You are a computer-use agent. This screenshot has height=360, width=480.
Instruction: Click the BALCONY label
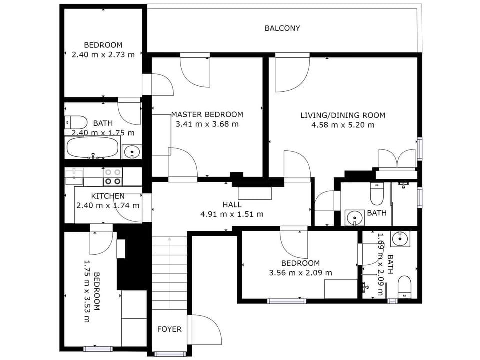click(282, 28)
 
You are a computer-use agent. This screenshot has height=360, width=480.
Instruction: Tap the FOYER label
click(169, 329)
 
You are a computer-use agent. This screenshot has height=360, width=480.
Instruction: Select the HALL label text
click(232, 204)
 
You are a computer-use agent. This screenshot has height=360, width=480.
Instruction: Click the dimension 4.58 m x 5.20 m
click(343, 125)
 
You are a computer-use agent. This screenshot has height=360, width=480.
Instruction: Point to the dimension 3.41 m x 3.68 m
click(207, 124)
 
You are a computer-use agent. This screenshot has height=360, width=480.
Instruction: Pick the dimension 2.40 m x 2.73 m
click(103, 55)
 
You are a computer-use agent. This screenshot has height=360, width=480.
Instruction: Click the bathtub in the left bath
click(92, 147)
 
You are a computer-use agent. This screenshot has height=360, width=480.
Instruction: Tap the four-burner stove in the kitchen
click(112, 177)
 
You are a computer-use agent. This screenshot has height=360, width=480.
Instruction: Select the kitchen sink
click(74, 176)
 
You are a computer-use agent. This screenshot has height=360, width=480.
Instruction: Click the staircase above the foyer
click(169, 273)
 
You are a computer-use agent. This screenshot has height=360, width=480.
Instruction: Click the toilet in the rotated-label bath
click(405, 287)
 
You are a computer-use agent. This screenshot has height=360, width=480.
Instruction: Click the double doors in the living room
click(397, 158)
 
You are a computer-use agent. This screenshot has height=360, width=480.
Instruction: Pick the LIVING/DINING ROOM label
click(343, 115)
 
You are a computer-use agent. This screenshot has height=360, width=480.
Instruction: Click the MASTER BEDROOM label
click(207, 115)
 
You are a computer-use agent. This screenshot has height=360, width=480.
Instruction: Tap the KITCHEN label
click(108, 196)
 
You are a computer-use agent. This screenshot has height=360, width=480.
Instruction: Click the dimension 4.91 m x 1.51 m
click(232, 214)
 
